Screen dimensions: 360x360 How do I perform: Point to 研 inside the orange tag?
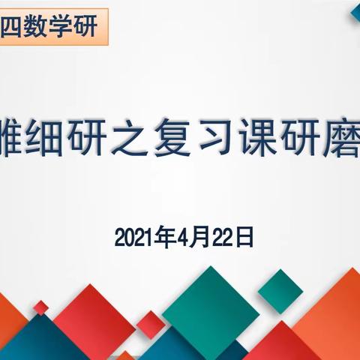96,28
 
